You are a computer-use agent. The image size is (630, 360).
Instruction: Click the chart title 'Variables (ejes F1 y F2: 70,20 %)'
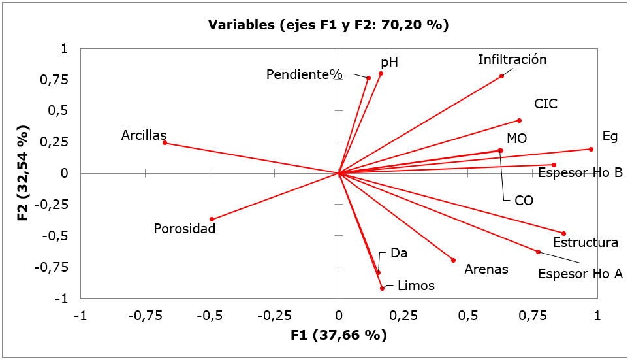pyautogui.click(x=328, y=25)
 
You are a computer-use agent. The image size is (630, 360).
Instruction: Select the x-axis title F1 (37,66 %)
pyautogui.click(x=338, y=336)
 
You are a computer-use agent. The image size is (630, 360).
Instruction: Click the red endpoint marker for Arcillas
pyautogui.click(x=165, y=143)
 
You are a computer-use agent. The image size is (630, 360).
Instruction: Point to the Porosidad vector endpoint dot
pyautogui.click(x=212, y=219)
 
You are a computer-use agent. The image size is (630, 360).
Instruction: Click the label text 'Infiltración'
pyautogui.click(x=512, y=59)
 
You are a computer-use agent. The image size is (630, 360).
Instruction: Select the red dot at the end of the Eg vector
pyautogui.click(x=591, y=149)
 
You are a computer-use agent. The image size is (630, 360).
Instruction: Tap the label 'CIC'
pyautogui.click(x=546, y=104)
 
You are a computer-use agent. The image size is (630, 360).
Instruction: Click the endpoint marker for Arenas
pyautogui.click(x=453, y=260)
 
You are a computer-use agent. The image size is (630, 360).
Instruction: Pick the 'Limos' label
pyautogui.click(x=416, y=286)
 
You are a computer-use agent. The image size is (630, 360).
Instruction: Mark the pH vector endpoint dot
pyautogui.click(x=381, y=73)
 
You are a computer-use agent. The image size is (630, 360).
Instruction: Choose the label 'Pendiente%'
pyautogui.click(x=304, y=74)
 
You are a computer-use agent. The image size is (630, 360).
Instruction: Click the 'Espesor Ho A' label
pyautogui.click(x=580, y=274)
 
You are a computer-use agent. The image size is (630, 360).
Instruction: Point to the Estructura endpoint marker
pyautogui.click(x=563, y=233)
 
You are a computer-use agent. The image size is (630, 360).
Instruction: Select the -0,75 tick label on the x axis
pyautogui.click(x=145, y=315)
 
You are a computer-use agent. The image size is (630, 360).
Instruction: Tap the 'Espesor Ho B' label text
pyautogui.click(x=580, y=173)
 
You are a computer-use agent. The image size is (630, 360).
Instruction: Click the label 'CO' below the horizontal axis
pyautogui.click(x=524, y=201)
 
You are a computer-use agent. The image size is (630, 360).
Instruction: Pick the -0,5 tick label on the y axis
pyautogui.click(x=57, y=236)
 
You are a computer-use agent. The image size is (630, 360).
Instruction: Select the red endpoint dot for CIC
pyautogui.click(x=519, y=120)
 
